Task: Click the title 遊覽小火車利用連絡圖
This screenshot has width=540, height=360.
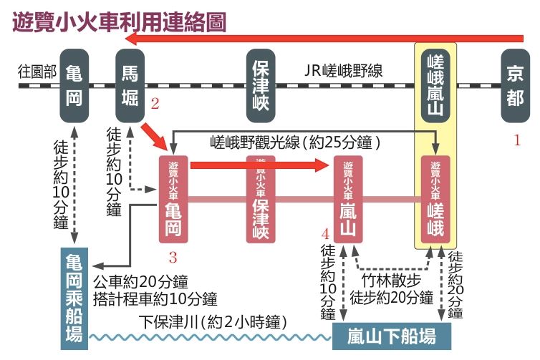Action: click(120, 21)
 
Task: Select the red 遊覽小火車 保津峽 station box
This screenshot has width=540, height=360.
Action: click(261, 198)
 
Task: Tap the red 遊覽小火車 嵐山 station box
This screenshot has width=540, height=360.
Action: click(347, 198)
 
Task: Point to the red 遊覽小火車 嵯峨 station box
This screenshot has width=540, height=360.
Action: click(435, 198)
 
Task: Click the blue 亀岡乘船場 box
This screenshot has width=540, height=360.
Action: click(74, 296)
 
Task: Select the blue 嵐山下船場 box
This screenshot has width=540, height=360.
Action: click(385, 335)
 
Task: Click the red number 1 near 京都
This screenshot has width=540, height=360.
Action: click(516, 140)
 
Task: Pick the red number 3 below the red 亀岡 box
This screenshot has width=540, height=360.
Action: click(172, 256)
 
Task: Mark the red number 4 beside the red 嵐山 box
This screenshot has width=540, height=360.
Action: click(325, 234)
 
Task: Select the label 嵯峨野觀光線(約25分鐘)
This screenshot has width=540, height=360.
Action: click(294, 142)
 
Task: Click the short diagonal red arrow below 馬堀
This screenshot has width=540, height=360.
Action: click(155, 136)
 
